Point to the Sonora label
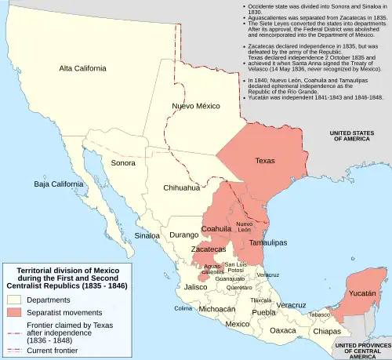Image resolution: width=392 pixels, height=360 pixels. click(x=123, y=164)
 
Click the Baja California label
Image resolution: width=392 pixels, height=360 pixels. click(x=55, y=185)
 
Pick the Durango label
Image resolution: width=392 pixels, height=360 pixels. click(x=185, y=234)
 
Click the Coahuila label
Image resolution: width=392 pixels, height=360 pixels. click(x=216, y=229)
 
